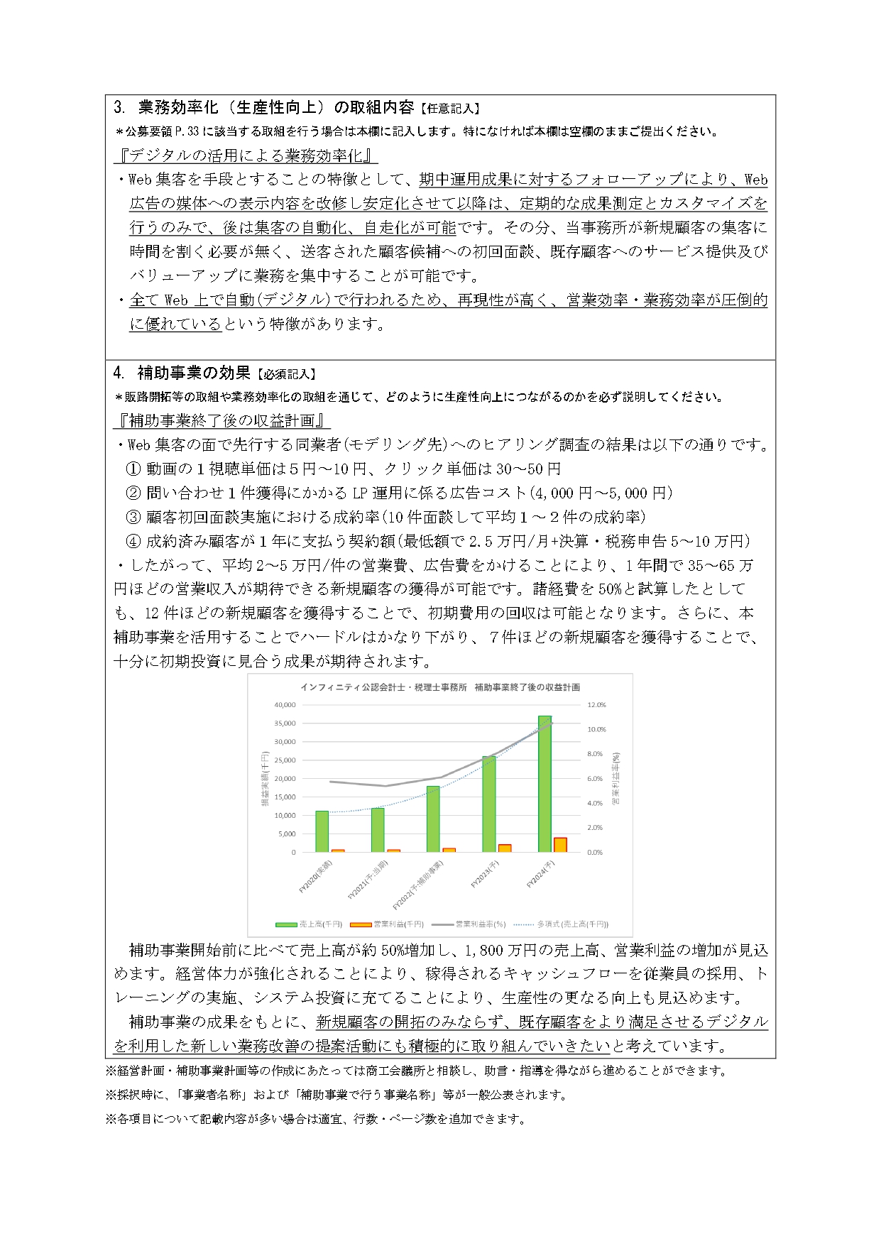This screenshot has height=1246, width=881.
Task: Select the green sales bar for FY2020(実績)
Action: pos(322,831)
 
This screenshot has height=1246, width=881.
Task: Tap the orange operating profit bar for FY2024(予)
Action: pos(560,845)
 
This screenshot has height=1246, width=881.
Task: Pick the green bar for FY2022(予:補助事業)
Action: pos(433,819)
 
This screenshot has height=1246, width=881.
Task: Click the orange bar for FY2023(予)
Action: pos(505,848)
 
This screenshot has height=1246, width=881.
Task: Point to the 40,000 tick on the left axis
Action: pos(284,705)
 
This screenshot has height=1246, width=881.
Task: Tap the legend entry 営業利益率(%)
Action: pos(480,924)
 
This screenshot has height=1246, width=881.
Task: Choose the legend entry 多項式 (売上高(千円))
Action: pos(572,924)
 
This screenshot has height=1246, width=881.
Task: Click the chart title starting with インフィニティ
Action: pos(439,687)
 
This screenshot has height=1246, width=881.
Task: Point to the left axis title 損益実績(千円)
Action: pos(265,779)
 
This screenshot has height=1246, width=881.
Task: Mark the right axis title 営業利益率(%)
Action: pos(615,779)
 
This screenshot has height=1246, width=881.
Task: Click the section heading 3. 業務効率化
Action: pos(263,108)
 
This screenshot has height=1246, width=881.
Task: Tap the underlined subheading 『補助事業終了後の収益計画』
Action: pos(222,420)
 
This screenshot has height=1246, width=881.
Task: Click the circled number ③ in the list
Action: pos(133,517)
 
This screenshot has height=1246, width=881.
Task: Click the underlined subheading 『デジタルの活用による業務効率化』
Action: pos(246,155)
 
